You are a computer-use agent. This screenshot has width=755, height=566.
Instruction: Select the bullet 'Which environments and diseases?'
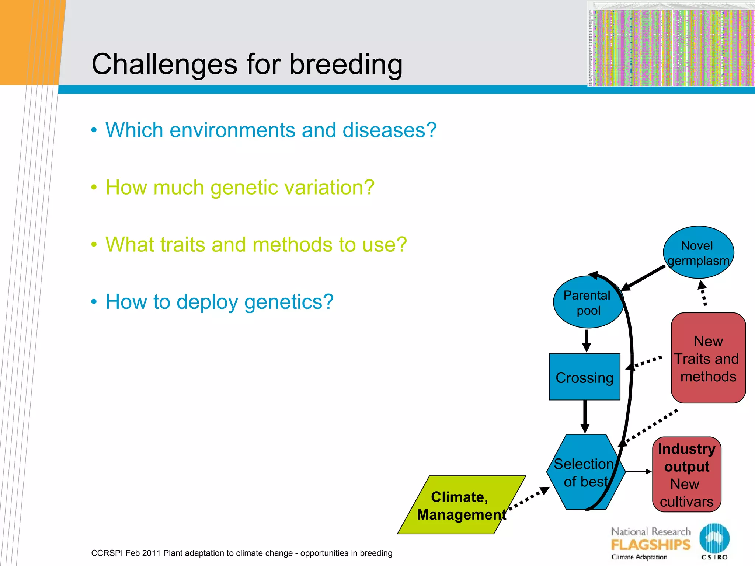click(x=271, y=130)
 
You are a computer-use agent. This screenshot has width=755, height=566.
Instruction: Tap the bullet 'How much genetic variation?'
click(x=240, y=187)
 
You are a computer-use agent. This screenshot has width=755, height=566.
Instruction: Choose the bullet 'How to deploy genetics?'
click(x=219, y=302)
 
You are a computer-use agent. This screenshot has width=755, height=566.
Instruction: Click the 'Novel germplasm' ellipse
click(x=698, y=252)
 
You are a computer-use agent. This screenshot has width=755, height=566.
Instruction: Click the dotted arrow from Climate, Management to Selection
click(x=529, y=499)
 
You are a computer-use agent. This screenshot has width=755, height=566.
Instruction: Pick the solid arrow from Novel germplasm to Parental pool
click(x=643, y=278)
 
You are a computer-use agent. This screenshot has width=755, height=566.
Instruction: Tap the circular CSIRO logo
click(x=714, y=538)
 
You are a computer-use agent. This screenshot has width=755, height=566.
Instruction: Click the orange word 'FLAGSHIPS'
click(x=651, y=545)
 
